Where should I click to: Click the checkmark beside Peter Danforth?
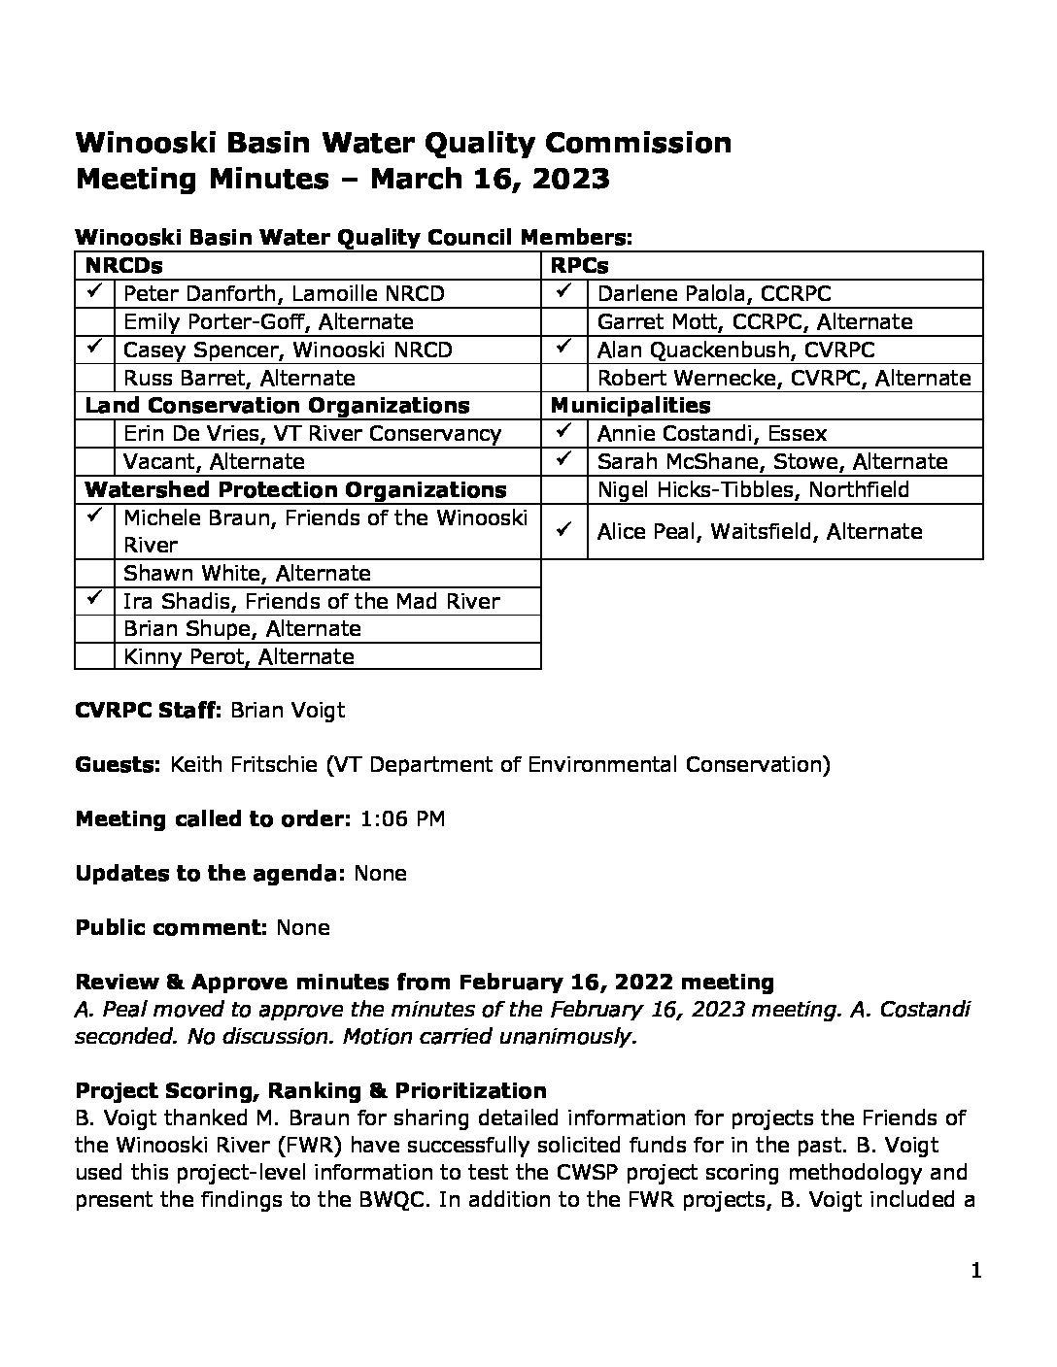coord(94,292)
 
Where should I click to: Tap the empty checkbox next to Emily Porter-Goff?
coord(94,321)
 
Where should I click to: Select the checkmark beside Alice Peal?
coord(563,530)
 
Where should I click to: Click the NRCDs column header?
coord(123,265)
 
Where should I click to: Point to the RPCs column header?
coord(579,265)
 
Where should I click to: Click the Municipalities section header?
coord(631,405)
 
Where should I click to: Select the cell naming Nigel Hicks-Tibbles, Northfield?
coord(753,489)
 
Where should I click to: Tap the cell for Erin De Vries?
coord(312,433)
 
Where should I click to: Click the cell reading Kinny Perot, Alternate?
coord(239,656)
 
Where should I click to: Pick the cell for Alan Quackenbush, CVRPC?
coord(735,350)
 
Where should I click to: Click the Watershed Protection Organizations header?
coord(295,489)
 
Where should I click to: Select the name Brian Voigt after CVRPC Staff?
coord(288,710)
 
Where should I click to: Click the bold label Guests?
coord(118,764)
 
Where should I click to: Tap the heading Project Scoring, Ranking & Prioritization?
coord(311,1090)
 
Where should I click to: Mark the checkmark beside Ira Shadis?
coord(94,599)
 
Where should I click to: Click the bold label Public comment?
coord(171,927)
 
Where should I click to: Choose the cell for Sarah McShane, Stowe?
coord(772,461)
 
